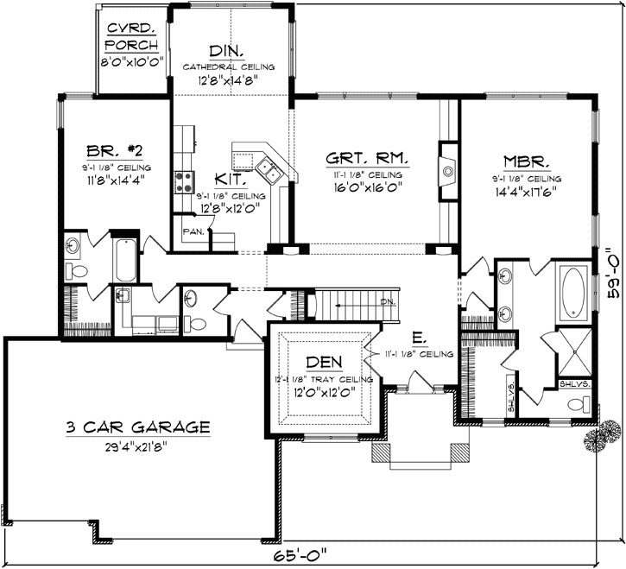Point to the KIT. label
pos(231,180)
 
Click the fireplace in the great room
pos(448,171)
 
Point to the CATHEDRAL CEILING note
pos(229,66)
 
